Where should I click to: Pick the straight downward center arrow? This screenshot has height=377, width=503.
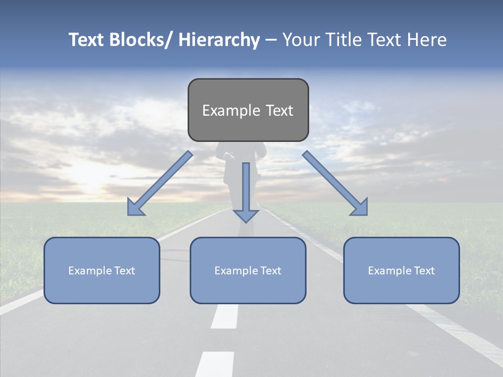coord(246,188)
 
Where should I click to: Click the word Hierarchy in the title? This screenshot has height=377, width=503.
coord(219,40)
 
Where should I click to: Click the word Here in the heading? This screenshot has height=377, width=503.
coord(427,40)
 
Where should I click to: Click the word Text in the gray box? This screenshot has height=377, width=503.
coord(279,110)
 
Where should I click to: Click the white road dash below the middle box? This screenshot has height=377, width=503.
coord(225,316)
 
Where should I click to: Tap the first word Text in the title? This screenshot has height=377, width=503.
coord(86,40)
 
